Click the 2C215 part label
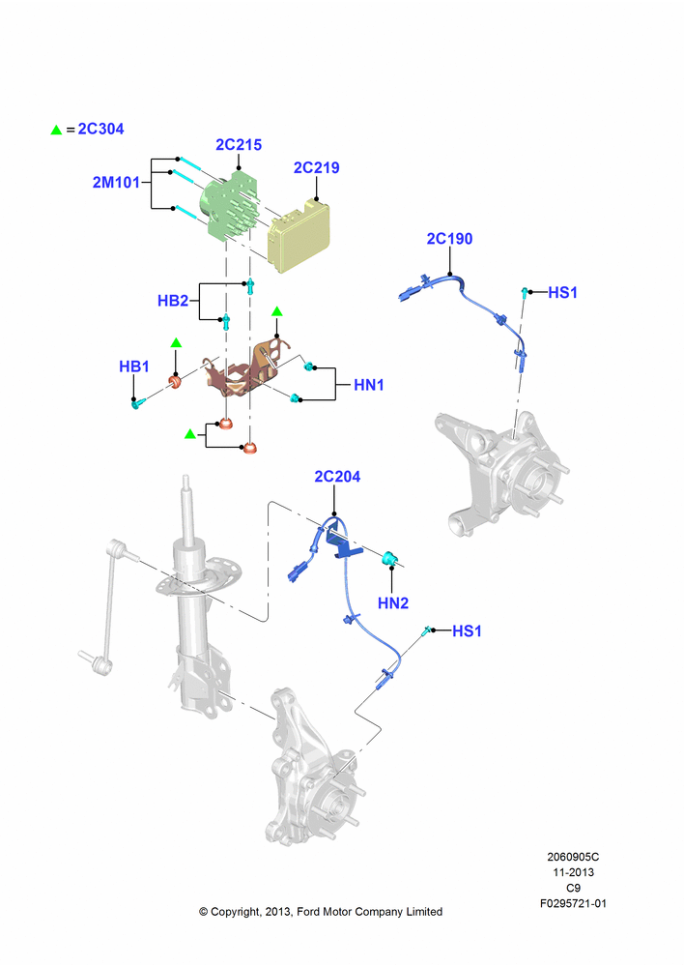pos(239,145)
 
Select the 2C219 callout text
pos(316,167)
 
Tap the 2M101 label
pos(116,183)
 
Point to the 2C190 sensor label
pos(449,239)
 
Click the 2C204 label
pos(337,477)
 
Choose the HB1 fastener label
pos(133,366)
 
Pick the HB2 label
pos(173,301)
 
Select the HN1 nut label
pos(368,386)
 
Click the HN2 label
pos(393,603)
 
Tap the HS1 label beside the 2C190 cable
pos(562,292)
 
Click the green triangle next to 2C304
pos(56,130)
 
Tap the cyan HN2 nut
pos(388,558)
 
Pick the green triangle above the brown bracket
pos(276,311)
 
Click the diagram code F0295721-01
pos(573,903)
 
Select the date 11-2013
pos(573,872)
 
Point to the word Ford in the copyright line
pos(309,912)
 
